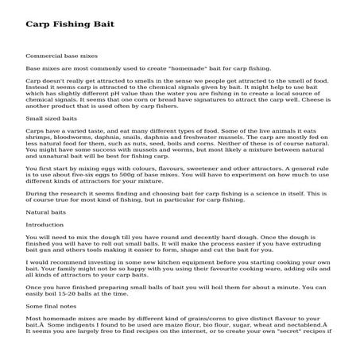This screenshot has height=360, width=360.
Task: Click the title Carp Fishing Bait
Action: pyautogui.click(x=70, y=25)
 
